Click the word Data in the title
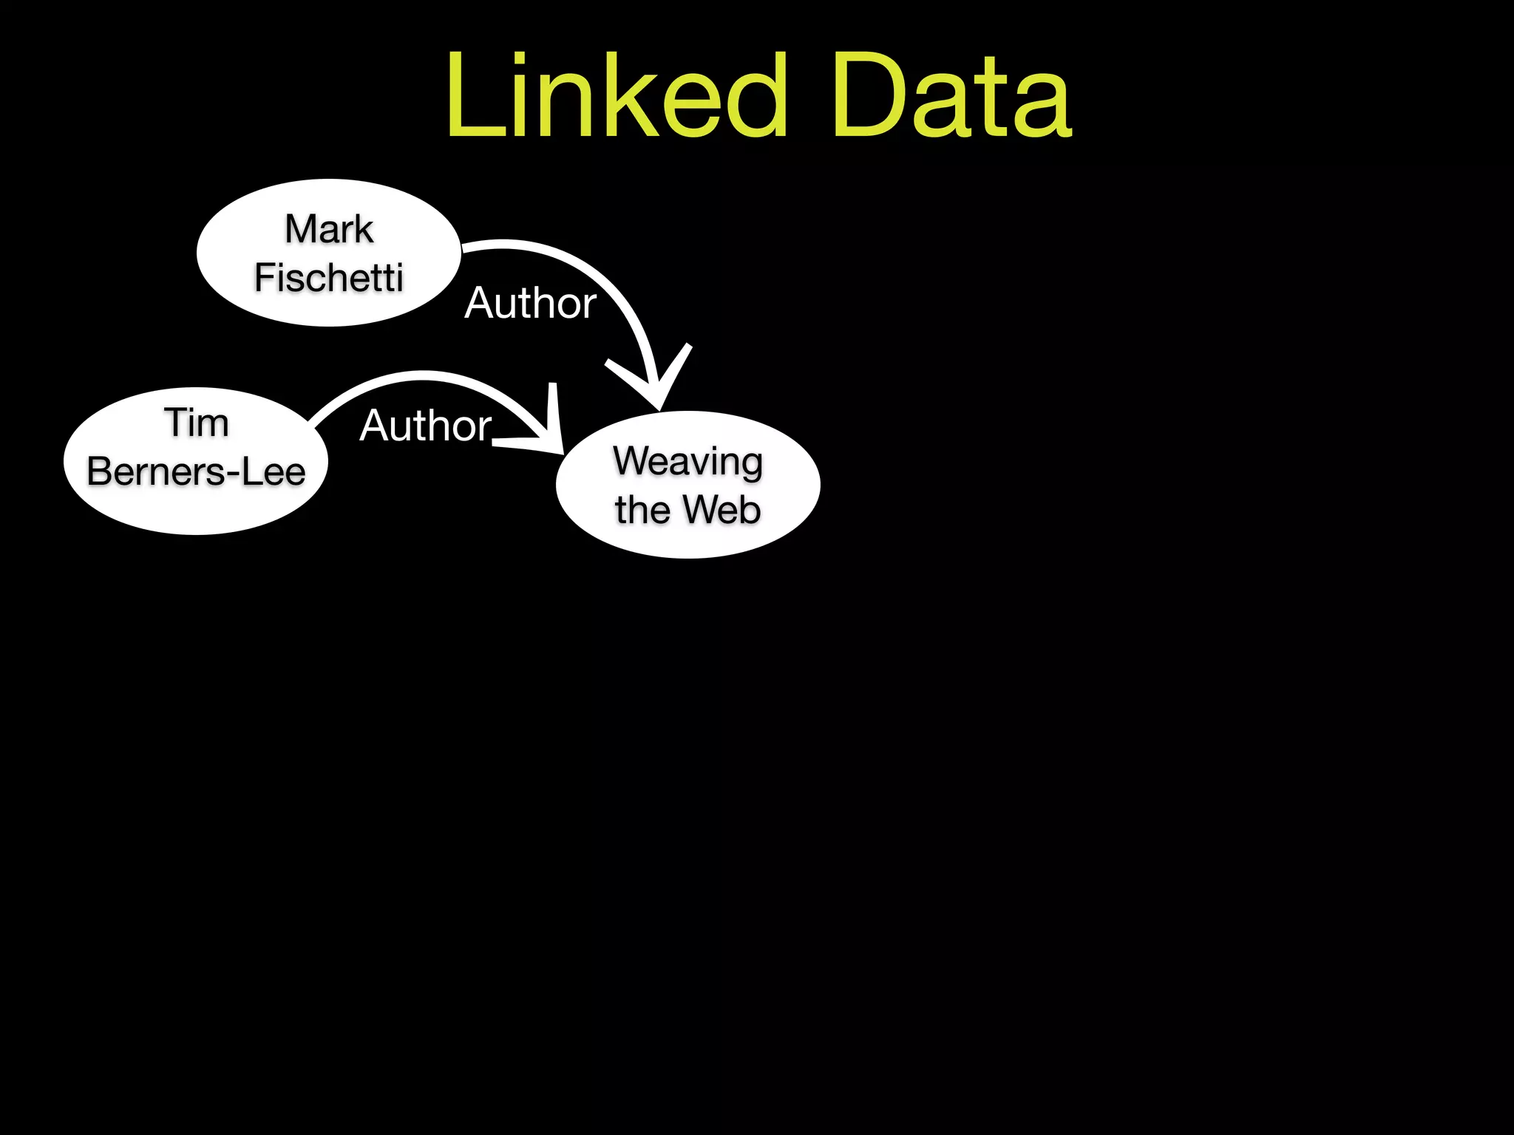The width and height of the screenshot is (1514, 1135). point(951,96)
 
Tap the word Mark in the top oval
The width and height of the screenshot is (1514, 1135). point(329,229)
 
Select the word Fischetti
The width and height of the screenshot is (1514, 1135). point(329,279)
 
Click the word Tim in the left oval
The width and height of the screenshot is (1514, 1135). point(196,423)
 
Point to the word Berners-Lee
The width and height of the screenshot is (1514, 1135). point(196,472)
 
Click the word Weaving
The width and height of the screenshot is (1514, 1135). point(688,462)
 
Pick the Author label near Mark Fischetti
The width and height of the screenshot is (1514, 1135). point(530,303)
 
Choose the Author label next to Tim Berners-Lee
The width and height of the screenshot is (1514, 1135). point(426,426)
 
